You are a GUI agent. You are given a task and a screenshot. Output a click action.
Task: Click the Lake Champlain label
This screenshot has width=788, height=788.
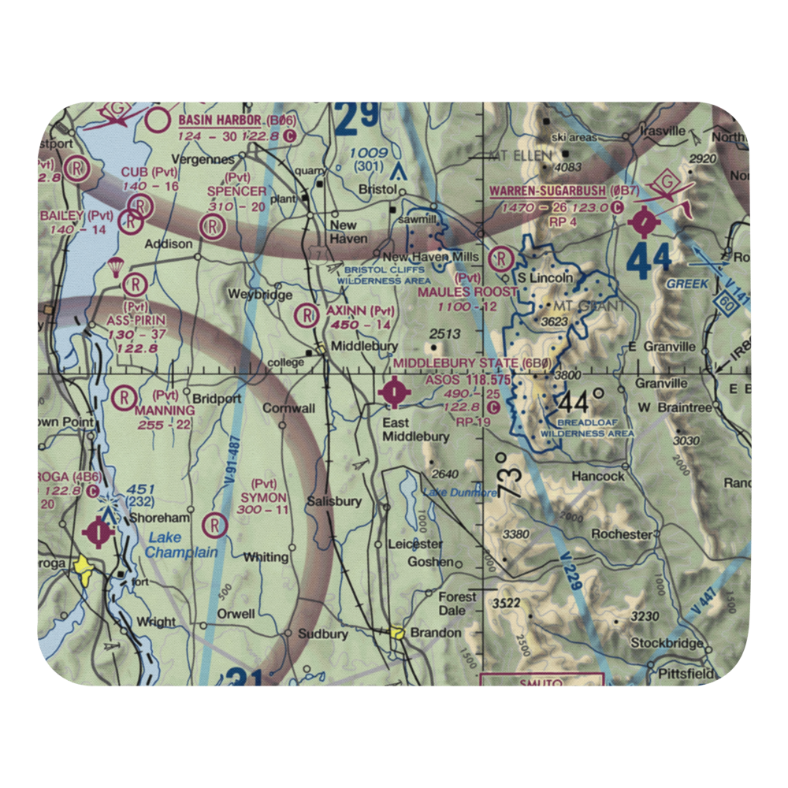[181, 546]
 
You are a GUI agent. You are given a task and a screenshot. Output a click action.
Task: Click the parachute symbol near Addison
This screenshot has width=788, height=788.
[116, 267]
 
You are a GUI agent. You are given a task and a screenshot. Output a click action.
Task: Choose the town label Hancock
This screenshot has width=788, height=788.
[599, 476]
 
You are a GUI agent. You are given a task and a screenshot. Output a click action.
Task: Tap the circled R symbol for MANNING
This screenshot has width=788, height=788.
[125, 399]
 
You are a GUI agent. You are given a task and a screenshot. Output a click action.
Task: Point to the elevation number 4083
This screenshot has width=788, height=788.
[567, 167]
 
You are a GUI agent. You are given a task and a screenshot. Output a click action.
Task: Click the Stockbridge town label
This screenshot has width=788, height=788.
[666, 644]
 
